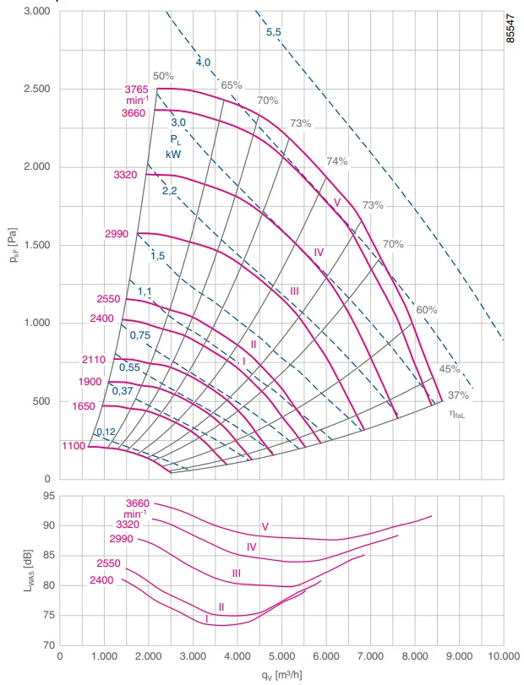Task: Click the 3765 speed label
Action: (136, 90)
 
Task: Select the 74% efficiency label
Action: (337, 161)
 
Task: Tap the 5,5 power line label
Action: (274, 32)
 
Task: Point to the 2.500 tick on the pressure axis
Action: (37, 89)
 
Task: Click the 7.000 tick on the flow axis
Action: (370, 656)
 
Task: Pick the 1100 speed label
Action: (74, 446)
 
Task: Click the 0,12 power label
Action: (106, 432)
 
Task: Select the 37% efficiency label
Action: (458, 395)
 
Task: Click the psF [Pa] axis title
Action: (14, 246)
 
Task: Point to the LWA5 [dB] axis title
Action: (28, 572)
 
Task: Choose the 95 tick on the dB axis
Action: (49, 496)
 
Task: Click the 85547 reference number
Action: (510, 28)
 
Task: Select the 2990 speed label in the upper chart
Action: (117, 234)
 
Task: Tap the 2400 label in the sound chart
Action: (101, 580)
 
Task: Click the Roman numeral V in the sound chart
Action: (265, 526)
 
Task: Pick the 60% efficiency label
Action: (427, 310)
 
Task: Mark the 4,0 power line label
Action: (203, 63)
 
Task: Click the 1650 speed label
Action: (84, 406)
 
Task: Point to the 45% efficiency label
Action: (450, 369)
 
